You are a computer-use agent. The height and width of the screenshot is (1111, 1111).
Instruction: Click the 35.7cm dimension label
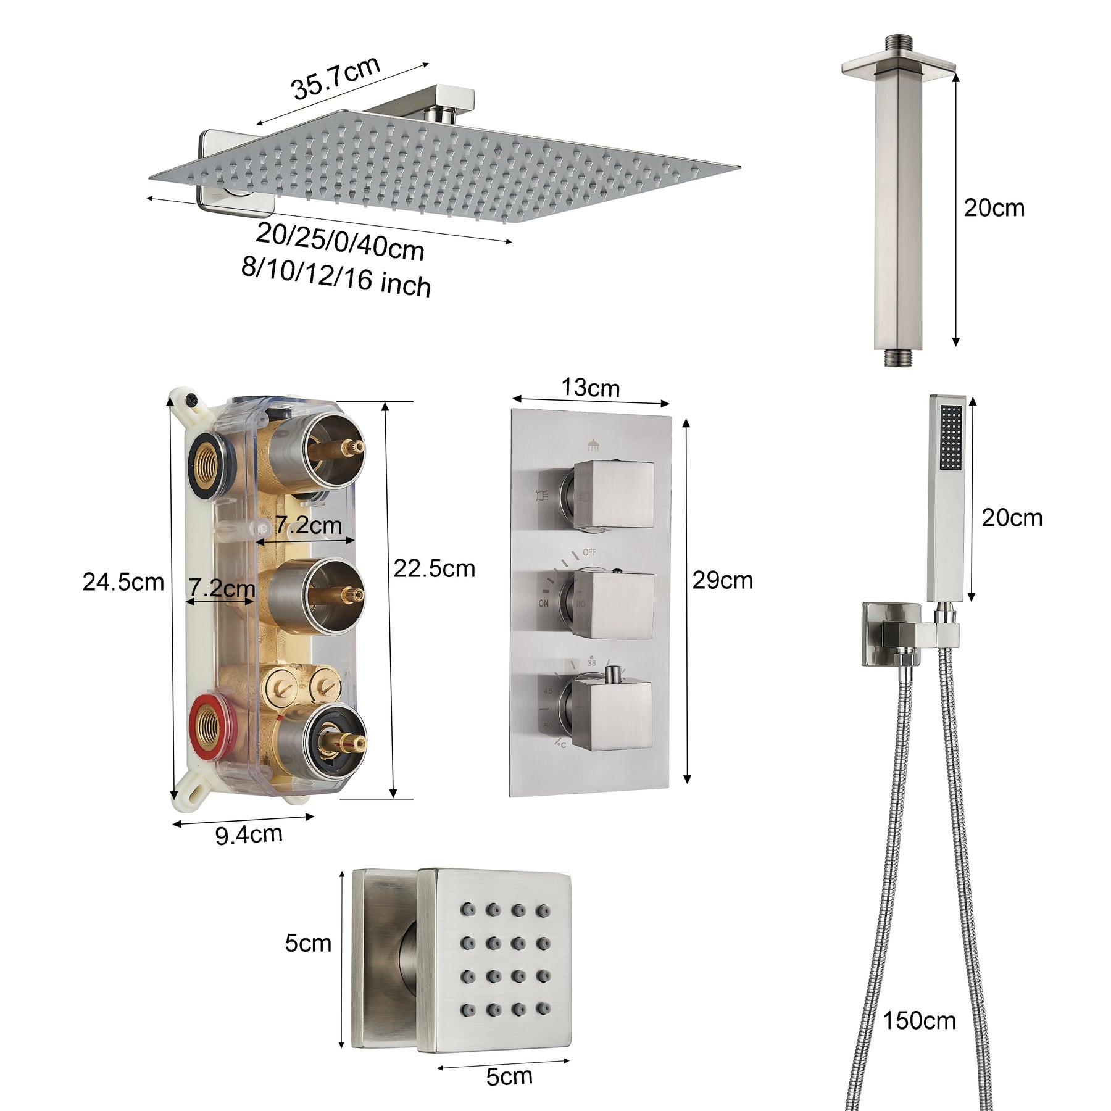click(x=336, y=78)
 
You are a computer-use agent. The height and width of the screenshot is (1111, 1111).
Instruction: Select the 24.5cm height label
click(x=123, y=582)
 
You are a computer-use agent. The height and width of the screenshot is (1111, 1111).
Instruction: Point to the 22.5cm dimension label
click(x=435, y=568)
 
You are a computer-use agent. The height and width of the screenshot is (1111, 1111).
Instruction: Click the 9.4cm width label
click(x=249, y=835)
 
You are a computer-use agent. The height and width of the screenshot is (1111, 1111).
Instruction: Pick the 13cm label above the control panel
click(x=590, y=388)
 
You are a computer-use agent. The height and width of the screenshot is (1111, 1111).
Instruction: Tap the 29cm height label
click(x=722, y=581)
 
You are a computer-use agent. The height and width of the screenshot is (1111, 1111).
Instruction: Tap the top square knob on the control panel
click(x=613, y=494)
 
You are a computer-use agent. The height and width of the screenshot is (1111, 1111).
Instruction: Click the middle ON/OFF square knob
click(x=613, y=605)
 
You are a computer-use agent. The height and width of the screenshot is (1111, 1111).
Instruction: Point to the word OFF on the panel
click(x=589, y=552)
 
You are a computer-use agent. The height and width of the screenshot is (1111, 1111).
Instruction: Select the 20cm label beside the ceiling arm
click(x=994, y=208)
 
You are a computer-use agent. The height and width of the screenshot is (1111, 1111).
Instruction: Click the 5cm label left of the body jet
click(x=308, y=943)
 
